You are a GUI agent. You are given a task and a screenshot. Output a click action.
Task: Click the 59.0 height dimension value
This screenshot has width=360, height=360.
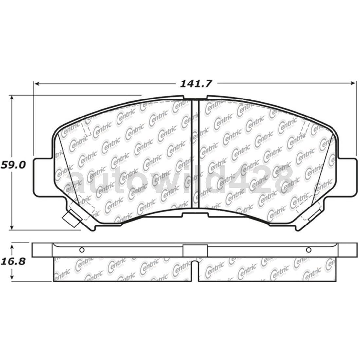pyautogui.click(x=13, y=164)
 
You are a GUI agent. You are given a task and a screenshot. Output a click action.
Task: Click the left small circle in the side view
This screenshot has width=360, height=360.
pyautogui.click(x=82, y=250)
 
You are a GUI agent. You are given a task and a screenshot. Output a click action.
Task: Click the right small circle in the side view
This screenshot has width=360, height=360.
pyautogui.click(x=308, y=250)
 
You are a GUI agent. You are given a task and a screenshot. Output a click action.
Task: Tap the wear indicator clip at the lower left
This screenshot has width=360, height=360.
pyautogui.click(x=72, y=218)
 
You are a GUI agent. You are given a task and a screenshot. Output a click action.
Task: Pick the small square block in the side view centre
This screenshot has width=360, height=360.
pyautogui.click(x=195, y=250)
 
